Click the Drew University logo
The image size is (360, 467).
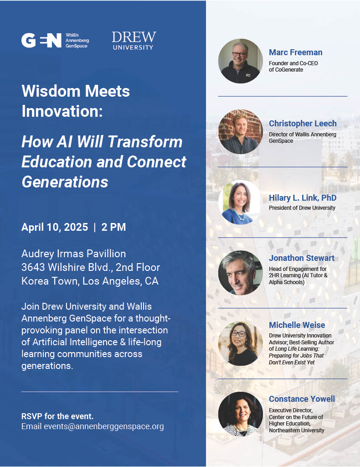pyautogui.click(x=134, y=41)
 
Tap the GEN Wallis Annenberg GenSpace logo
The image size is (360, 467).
pyautogui.click(x=55, y=41)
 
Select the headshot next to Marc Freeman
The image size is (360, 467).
pyautogui.click(x=241, y=61)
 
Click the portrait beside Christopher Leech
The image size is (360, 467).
pyautogui.click(x=241, y=132)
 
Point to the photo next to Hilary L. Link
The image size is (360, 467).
pyautogui.click(x=241, y=202)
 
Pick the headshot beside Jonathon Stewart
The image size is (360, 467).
pyautogui.click(x=241, y=273)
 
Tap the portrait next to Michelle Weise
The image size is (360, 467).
pyautogui.click(x=241, y=343)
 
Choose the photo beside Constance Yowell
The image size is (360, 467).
pyautogui.click(x=241, y=414)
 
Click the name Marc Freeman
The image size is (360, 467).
pyautogui.click(x=296, y=52)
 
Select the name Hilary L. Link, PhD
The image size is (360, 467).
pyautogui.click(x=303, y=198)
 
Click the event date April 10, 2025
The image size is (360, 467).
pyautogui.click(x=55, y=227)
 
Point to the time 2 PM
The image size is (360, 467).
pyautogui.click(x=113, y=227)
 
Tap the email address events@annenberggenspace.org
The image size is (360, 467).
pyautogui.click(x=104, y=426)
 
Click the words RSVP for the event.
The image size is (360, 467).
pyautogui.click(x=57, y=416)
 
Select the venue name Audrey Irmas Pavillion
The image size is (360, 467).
pyautogui.click(x=73, y=254)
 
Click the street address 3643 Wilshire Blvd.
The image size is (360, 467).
pyautogui.click(x=67, y=267)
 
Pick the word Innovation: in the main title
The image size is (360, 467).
pyautogui.click(x=62, y=111)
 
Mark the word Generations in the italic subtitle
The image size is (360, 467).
pyautogui.click(x=65, y=182)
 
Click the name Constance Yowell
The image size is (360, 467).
pyautogui.click(x=302, y=399)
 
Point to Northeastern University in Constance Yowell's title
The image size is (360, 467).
pyautogui.click(x=297, y=431)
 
